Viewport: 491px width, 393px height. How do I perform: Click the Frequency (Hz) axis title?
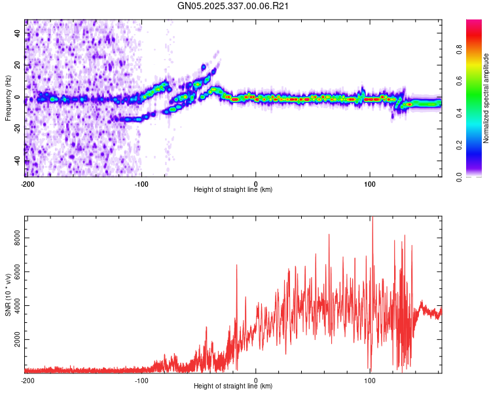8,98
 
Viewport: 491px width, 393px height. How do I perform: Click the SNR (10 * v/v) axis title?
8,294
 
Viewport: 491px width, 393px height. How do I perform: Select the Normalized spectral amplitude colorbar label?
486,98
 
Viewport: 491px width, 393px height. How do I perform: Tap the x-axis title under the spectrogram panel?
233,189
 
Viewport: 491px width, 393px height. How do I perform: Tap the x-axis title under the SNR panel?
233,386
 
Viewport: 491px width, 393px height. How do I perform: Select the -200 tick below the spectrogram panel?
27,183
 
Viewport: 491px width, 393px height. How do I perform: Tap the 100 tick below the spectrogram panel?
370,183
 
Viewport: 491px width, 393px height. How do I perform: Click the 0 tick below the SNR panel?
256,380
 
